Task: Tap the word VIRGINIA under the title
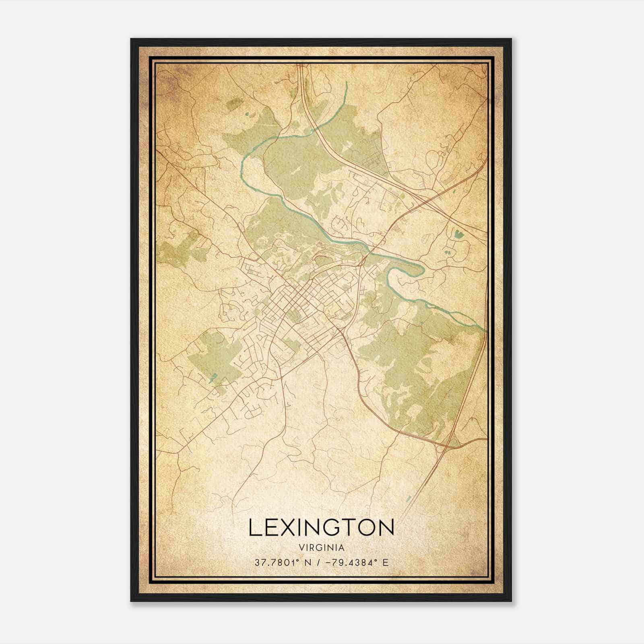pyautogui.click(x=321, y=548)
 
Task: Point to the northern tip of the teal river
pyautogui.click(x=346, y=83)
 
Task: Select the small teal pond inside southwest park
pyautogui.click(x=214, y=377)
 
